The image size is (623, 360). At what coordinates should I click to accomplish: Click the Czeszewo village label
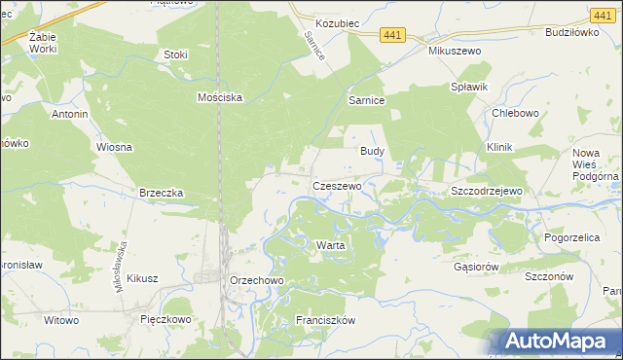click(337, 185)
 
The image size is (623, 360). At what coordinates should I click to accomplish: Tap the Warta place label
click(330, 245)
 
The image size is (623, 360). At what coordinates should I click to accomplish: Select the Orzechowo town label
click(256, 280)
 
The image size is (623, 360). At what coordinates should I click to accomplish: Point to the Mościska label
click(219, 97)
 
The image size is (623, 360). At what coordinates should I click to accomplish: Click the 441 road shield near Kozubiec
click(393, 35)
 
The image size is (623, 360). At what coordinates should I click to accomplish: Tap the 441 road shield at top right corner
click(602, 14)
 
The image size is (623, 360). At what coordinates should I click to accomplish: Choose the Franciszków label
click(327, 319)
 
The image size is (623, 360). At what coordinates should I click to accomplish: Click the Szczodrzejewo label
click(487, 191)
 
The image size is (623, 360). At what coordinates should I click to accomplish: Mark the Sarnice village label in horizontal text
click(367, 100)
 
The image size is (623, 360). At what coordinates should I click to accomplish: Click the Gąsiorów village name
click(477, 266)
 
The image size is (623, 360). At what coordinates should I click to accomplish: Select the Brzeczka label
click(162, 193)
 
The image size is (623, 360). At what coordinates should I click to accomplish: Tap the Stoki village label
click(176, 55)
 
